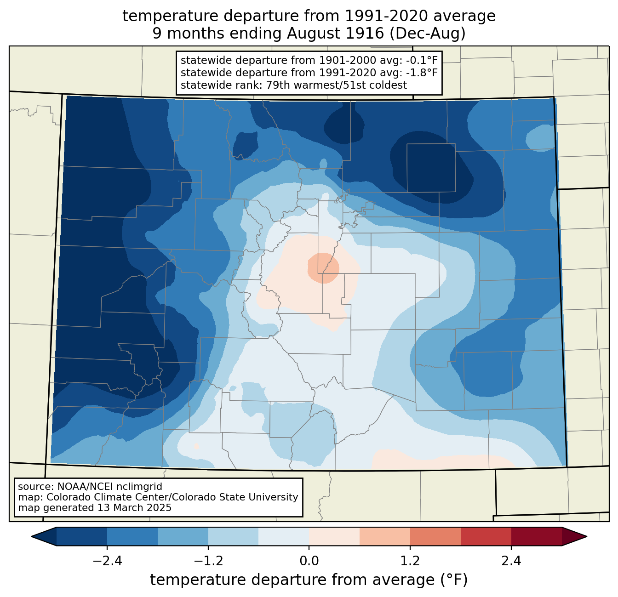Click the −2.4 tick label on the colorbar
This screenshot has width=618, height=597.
[x=107, y=561]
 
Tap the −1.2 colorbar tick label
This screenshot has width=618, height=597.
[x=208, y=561]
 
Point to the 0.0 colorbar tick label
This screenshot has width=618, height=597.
[x=309, y=561]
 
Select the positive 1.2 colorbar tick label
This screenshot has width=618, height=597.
[x=410, y=561]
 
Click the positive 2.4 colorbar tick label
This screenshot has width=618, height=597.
[x=511, y=561]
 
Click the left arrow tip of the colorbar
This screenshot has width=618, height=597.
[x=31, y=537]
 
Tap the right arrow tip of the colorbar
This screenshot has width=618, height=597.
[x=587, y=537]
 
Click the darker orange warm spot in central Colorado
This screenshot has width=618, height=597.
[x=323, y=268]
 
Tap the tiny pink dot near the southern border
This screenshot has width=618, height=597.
[x=197, y=446]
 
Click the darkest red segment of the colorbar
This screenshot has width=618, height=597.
[x=537, y=537]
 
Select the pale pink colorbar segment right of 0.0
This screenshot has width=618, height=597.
[x=334, y=537]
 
